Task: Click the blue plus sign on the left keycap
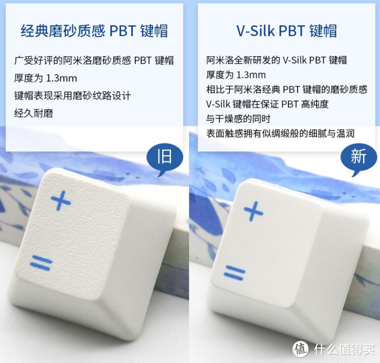61,200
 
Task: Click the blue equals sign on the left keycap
41,263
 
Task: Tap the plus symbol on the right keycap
253,211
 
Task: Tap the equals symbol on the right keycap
234,273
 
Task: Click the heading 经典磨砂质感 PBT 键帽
94,31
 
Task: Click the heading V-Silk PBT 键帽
286,31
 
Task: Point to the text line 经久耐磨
33,113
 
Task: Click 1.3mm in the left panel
61,78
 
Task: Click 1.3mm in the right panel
251,75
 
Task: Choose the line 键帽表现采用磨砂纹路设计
73,95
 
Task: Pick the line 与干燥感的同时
238,119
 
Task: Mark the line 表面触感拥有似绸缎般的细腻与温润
281,133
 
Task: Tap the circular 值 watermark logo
301,349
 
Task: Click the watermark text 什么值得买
344,350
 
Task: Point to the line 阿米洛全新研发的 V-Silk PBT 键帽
277,60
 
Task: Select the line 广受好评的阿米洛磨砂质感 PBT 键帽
94,60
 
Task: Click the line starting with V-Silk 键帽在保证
267,104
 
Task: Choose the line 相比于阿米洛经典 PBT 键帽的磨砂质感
287,90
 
